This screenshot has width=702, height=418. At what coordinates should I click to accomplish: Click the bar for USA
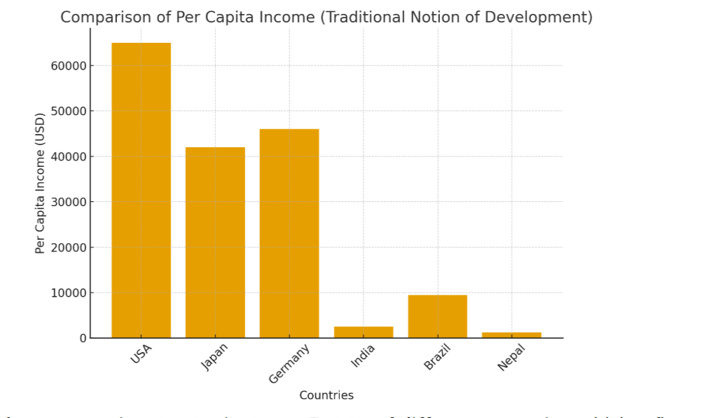pos(141,190)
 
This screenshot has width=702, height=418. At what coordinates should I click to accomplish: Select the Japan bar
pos(215,242)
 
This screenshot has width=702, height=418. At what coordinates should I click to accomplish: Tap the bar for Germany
pos(289,233)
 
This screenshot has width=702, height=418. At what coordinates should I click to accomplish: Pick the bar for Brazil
pos(437,316)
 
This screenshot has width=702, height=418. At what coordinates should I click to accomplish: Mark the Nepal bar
pos(511,335)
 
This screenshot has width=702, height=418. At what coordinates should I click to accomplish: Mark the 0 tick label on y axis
pos(83,338)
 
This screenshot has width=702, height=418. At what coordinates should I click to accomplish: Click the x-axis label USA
pos(141,353)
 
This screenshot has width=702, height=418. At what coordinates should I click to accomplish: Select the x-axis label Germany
pos(289,363)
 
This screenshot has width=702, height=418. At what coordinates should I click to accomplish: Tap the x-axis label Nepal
pos(511,357)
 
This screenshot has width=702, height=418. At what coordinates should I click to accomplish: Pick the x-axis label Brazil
pos(437,357)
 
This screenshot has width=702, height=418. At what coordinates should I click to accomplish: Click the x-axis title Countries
pos(326,396)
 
